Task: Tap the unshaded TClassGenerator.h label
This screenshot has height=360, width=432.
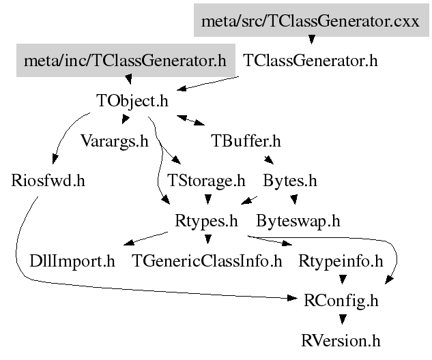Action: tap(310, 61)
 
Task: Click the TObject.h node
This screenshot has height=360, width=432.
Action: tap(132, 102)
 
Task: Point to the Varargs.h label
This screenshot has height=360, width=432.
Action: tap(114, 142)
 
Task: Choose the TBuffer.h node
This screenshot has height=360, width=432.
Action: tap(246, 142)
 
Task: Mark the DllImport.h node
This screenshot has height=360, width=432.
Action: tap(72, 260)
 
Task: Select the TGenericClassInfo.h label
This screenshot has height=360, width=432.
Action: tap(207, 260)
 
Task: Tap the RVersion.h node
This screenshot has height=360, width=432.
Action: tap(341, 339)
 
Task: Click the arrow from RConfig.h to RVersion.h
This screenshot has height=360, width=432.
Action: tap(341, 319)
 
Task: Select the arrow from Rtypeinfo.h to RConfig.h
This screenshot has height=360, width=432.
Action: tap(341, 280)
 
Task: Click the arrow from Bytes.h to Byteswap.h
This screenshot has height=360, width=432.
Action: tap(294, 200)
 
